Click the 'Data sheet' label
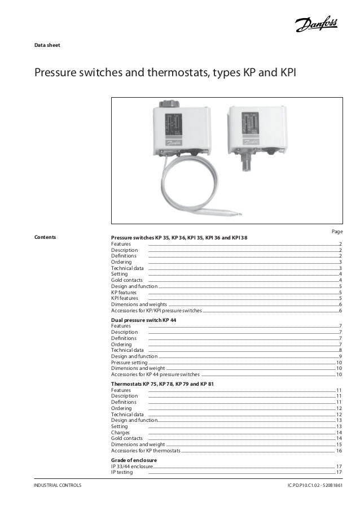click(x=47, y=45)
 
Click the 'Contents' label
click(x=45, y=237)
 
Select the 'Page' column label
click(x=337, y=232)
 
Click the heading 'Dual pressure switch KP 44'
click(x=144, y=320)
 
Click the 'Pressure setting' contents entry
click(x=129, y=363)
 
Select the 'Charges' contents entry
click(x=121, y=433)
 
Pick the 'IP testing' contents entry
click(x=122, y=473)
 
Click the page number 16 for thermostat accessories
click(x=339, y=451)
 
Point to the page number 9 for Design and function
click(x=340, y=356)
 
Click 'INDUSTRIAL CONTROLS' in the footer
click(x=58, y=486)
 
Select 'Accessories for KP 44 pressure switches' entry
click(x=155, y=374)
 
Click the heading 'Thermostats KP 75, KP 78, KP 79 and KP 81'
click(x=162, y=384)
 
